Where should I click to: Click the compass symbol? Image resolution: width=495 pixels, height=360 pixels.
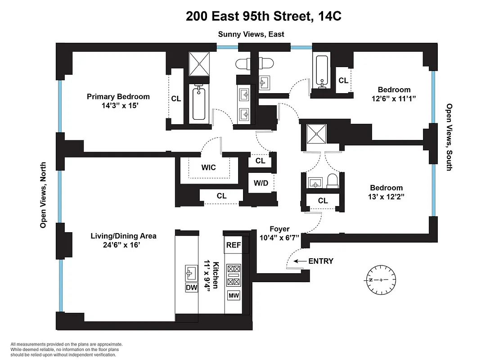[381, 280]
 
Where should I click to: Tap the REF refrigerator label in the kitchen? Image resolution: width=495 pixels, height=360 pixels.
[234, 245]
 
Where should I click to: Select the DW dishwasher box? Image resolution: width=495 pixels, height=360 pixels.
[191, 288]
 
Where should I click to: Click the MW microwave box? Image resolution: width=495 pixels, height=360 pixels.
[234, 296]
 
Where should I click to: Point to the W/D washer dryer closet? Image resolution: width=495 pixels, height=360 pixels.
[261, 183]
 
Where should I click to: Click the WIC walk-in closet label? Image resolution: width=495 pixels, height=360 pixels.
[208, 167]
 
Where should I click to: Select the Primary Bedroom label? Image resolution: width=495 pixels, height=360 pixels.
[118, 97]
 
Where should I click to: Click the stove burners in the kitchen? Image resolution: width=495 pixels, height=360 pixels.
[234, 275]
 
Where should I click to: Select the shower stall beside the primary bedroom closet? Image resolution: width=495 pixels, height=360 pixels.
[199, 63]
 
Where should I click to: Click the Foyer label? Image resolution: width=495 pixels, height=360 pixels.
[279, 229]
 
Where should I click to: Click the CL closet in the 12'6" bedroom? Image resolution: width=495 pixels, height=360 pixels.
[343, 81]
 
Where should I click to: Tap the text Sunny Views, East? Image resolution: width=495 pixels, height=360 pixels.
[251, 34]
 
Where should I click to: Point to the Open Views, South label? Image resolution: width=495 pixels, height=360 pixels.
[449, 137]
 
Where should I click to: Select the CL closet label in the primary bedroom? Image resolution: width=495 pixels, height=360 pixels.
[176, 99]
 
